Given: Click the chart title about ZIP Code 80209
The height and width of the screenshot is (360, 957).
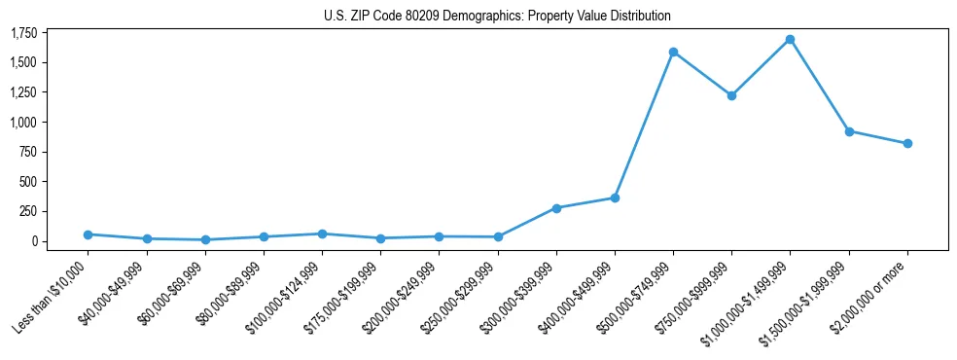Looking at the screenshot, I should [497, 17].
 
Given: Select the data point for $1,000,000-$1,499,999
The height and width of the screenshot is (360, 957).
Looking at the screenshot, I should [790, 40].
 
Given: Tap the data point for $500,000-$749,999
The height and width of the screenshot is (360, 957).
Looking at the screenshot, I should [673, 52].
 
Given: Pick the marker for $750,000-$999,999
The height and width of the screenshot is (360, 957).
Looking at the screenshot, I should [731, 95].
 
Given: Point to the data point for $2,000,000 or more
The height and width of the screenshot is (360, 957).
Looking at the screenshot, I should [907, 143].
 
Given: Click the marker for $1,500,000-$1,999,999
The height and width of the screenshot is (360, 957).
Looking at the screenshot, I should [849, 131].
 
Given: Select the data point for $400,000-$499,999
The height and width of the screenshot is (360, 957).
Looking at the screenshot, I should [615, 198].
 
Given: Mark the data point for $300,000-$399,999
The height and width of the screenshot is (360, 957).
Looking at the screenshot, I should [556, 208].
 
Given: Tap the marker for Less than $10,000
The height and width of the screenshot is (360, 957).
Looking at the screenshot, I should [88, 234].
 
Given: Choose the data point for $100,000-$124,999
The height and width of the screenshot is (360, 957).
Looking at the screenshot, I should [322, 234].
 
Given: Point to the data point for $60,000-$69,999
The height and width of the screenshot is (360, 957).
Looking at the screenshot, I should [205, 239].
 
